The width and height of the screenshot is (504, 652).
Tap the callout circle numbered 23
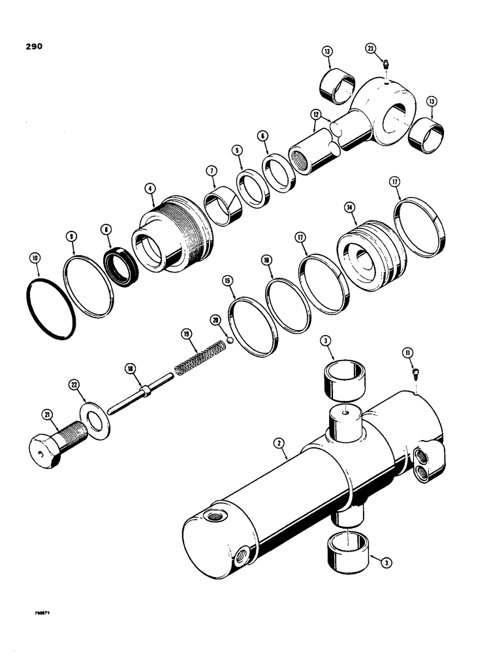pyautogui.click(x=370, y=48)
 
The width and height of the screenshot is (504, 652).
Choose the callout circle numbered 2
pyautogui.click(x=279, y=443)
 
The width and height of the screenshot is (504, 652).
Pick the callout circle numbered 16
pyautogui.click(x=266, y=259)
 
